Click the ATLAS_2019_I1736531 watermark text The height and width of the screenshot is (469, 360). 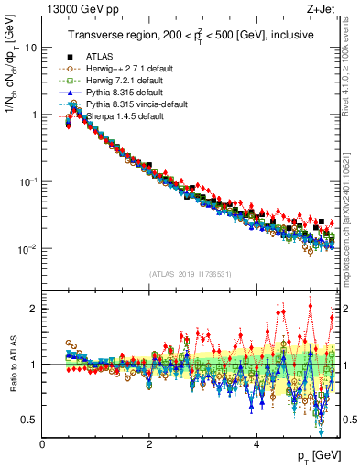(x=190, y=274)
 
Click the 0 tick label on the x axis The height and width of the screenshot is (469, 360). (x=42, y=443)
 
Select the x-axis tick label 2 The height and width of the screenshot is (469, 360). (x=148, y=443)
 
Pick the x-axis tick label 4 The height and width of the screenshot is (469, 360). (x=256, y=443)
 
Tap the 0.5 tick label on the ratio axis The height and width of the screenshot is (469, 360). (x=27, y=420)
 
